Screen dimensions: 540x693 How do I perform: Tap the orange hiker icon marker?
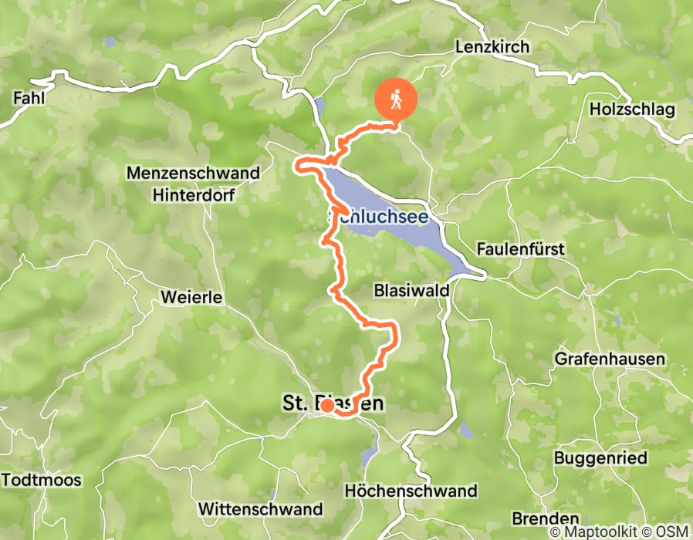[396, 100]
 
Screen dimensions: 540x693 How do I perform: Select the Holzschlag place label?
[631, 110]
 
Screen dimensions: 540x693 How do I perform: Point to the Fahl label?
[28, 98]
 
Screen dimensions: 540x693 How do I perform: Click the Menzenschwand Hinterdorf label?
[194, 184]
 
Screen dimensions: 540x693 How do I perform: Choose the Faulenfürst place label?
[521, 250]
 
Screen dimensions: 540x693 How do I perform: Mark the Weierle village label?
[192, 297]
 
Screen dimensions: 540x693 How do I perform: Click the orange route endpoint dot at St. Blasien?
[327, 405]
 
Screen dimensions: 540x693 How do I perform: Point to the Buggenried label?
[600, 457]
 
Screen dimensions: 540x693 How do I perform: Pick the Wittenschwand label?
[260, 509]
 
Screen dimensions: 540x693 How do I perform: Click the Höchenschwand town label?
[411, 491]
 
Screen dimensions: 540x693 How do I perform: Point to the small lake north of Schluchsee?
[320, 108]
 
